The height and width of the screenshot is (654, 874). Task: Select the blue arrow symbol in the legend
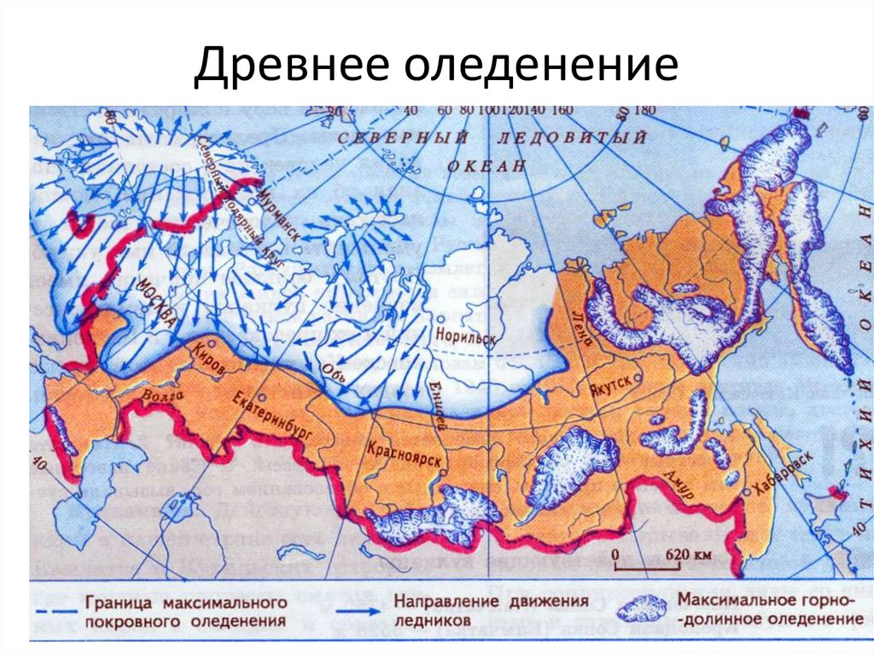point(358,611)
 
